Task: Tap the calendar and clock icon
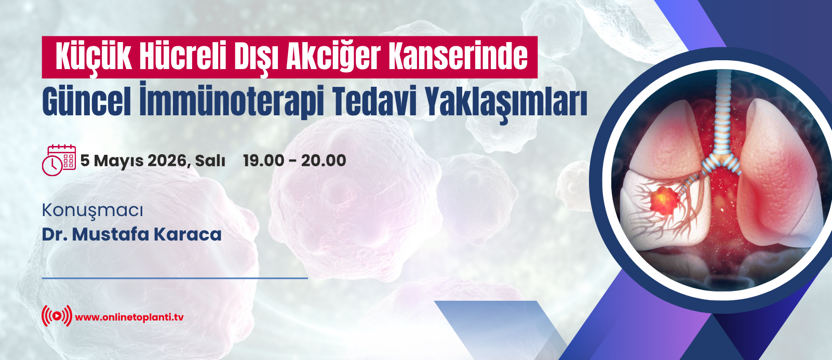click(59, 160)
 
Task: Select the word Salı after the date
click(210, 161)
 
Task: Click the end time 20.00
click(324, 161)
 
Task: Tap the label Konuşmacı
click(92, 211)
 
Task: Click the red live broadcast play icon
click(57, 316)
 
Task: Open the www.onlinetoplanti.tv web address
click(129, 317)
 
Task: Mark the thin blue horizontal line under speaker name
click(175, 278)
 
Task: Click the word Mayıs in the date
click(118, 161)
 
